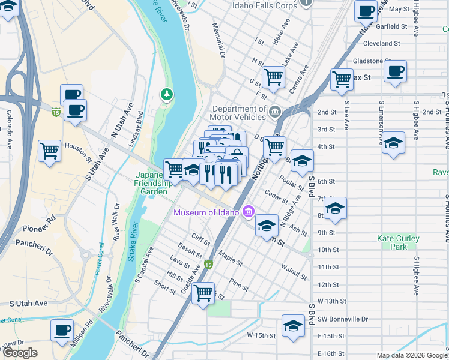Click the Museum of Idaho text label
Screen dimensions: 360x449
point(206,213)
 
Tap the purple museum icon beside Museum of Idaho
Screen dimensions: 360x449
point(249,212)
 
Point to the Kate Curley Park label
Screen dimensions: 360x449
point(397,242)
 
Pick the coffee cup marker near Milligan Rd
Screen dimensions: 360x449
point(62,331)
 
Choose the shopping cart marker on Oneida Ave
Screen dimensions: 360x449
point(203,293)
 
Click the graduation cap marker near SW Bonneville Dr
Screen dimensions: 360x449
point(293,326)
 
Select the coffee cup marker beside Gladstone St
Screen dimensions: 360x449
point(395,71)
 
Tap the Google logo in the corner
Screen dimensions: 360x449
point(20,353)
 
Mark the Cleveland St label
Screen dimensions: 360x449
point(382,44)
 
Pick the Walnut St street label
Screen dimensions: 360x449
point(294,271)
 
